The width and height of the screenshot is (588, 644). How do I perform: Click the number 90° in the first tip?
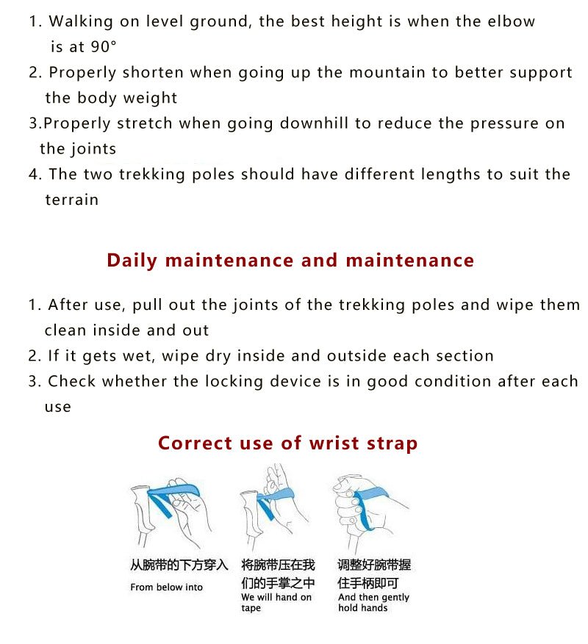(x=104, y=46)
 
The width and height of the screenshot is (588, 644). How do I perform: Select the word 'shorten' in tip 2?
(x=153, y=72)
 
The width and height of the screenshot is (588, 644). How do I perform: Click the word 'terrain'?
(x=71, y=200)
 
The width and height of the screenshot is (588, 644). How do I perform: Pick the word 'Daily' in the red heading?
(x=132, y=261)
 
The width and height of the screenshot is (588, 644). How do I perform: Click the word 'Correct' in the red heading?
(x=196, y=443)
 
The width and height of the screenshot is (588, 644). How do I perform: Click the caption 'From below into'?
(x=167, y=587)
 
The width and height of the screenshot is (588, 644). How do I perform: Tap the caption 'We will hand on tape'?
(x=276, y=602)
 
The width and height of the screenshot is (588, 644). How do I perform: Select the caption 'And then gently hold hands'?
(x=373, y=602)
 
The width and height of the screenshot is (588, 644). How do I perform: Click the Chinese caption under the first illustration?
(x=179, y=565)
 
